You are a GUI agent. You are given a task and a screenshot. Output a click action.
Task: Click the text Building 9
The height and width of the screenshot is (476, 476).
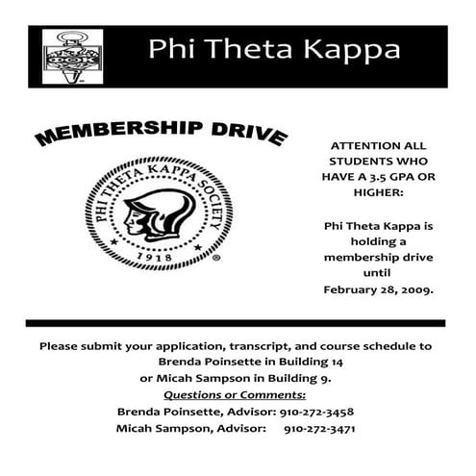(295, 378)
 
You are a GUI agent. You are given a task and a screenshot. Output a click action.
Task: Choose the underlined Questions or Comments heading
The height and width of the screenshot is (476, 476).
(236, 394)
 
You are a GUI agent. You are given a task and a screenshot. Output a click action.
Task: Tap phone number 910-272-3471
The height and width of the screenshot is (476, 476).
(325, 428)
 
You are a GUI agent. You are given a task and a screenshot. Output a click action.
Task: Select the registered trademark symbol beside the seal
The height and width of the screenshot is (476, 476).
(215, 259)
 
